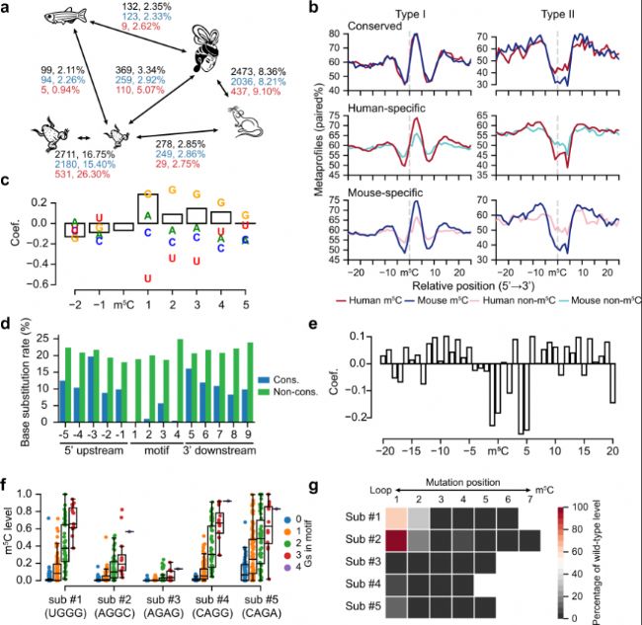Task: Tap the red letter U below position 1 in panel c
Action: [147, 278]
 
